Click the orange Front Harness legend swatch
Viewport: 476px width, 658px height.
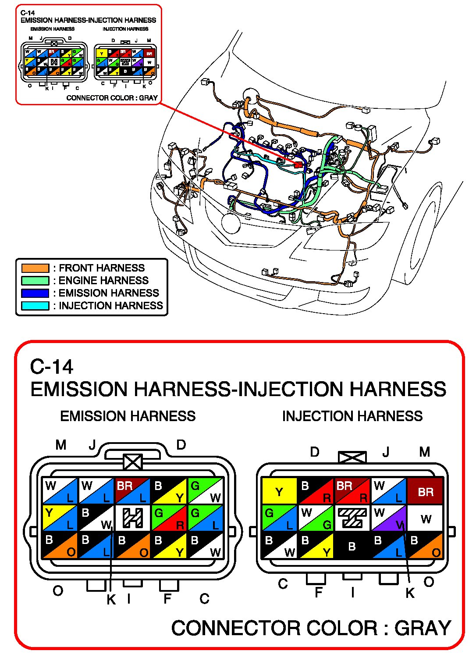(x=35, y=268)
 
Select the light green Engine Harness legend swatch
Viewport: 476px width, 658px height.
(x=35, y=280)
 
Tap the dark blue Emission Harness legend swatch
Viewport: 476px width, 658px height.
(x=35, y=293)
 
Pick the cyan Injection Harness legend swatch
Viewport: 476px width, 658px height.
(x=35, y=305)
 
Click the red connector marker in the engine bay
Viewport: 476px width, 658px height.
(x=298, y=164)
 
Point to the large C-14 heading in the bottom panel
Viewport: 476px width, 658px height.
(x=52, y=367)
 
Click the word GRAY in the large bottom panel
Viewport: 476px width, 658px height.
(x=423, y=628)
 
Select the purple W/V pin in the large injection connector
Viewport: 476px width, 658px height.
(x=389, y=518)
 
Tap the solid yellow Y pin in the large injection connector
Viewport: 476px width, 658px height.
(x=279, y=491)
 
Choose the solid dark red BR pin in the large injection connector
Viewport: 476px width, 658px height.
(x=425, y=491)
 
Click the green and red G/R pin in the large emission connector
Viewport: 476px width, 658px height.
(x=169, y=518)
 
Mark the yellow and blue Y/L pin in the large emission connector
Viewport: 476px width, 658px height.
(x=60, y=518)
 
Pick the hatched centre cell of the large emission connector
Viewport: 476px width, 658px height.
(x=133, y=518)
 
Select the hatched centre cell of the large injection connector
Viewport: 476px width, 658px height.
(x=352, y=518)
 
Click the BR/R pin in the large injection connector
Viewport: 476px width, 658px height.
(x=352, y=491)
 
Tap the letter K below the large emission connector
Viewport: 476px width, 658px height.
(x=111, y=600)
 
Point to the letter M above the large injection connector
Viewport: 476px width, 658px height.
(x=424, y=452)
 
